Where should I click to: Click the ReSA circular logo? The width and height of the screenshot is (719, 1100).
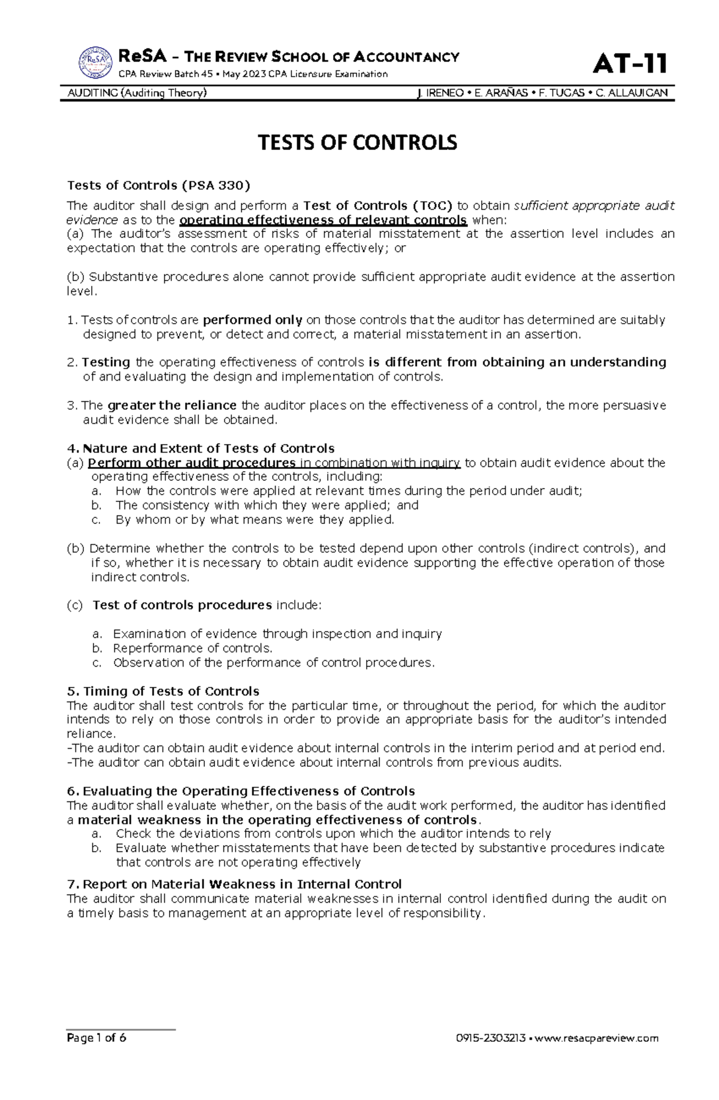(x=95, y=62)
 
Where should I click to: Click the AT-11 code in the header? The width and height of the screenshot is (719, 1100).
(x=630, y=63)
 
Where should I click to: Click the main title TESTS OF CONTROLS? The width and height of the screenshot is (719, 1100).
(x=357, y=143)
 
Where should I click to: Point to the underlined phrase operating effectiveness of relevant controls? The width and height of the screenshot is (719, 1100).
(x=323, y=219)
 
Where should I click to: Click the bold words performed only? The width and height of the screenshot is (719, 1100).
(x=252, y=320)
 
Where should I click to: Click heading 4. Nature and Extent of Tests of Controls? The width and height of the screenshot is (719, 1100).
(x=201, y=448)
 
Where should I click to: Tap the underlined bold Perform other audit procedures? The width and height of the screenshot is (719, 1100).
(x=192, y=463)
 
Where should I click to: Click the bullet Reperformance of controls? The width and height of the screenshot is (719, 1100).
(x=192, y=648)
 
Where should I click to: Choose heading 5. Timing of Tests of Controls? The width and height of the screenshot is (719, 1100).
(x=163, y=691)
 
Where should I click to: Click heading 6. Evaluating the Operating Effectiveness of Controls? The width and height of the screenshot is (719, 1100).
(x=241, y=791)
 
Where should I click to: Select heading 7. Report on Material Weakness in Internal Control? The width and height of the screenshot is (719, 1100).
(x=234, y=884)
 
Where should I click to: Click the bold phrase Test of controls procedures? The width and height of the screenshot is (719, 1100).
(x=182, y=605)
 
